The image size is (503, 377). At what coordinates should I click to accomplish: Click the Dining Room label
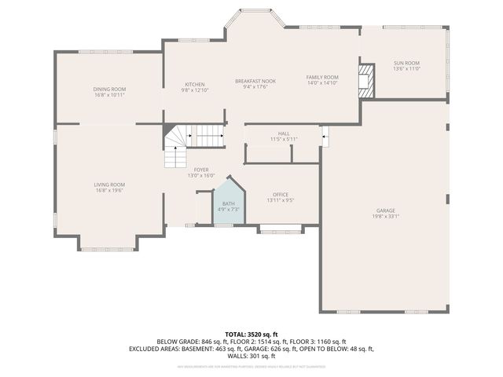109,89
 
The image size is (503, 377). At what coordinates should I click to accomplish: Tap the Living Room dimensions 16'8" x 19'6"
109,190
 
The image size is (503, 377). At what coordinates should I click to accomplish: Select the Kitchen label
194,84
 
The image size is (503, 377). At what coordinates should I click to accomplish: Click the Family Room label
321,76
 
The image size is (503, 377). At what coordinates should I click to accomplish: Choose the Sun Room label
406,63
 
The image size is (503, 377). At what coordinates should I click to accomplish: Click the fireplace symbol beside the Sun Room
366,82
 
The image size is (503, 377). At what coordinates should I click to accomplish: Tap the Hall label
284,134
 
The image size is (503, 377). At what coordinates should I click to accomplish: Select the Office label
281,194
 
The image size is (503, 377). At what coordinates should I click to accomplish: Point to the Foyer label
201,170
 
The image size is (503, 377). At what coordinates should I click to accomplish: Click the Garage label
385,210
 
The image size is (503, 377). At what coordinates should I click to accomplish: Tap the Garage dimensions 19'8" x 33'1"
385,216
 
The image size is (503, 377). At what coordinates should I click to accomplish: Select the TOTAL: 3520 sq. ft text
251,334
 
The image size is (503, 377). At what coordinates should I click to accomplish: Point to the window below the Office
281,230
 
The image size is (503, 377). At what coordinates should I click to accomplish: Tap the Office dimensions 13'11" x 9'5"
281,200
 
